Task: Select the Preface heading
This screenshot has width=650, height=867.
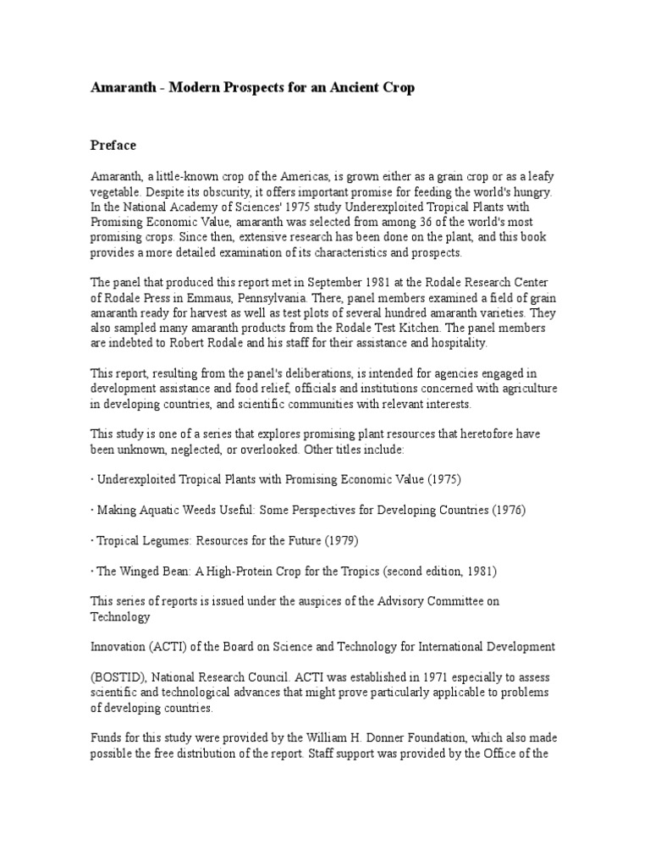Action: (x=113, y=145)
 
